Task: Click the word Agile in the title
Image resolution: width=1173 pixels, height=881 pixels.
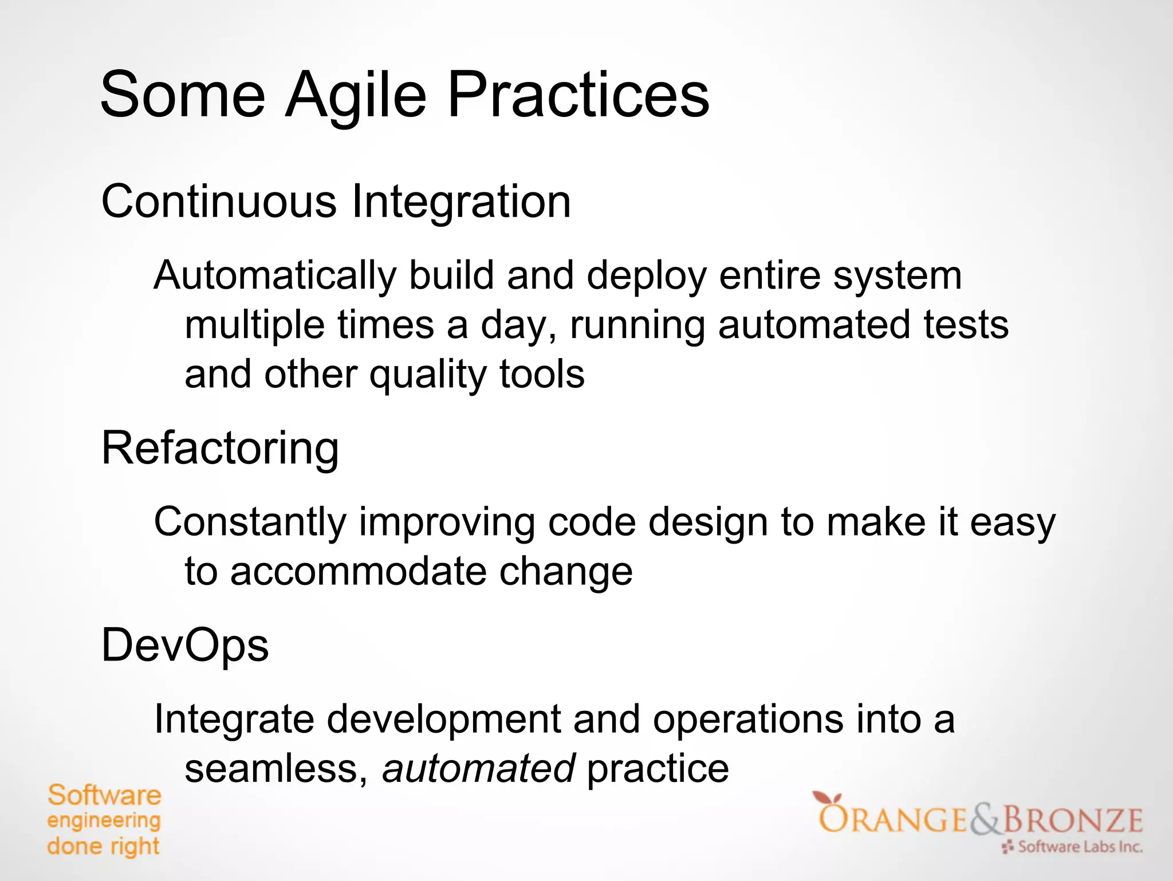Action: point(356,95)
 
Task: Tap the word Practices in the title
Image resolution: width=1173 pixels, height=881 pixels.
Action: point(578,95)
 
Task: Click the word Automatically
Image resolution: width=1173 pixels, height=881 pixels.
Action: point(275,276)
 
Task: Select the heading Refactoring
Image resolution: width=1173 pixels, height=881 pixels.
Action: point(221,449)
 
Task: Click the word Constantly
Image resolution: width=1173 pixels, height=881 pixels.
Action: point(250,523)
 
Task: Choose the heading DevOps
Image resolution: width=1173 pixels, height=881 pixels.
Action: point(185,646)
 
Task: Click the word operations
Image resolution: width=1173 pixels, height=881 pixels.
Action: point(748,719)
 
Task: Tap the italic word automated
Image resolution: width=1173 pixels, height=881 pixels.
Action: point(479,769)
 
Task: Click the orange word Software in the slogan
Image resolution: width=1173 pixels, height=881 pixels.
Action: point(104,796)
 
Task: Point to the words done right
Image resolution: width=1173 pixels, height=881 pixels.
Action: point(103,846)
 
